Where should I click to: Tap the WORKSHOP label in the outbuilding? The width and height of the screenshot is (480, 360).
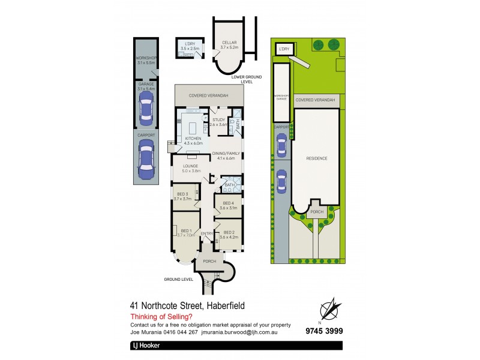pyautogui.click(x=146, y=58)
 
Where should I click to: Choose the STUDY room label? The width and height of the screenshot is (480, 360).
pyautogui.click(x=218, y=120)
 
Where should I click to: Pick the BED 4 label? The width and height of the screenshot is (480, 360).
pyautogui.click(x=229, y=203)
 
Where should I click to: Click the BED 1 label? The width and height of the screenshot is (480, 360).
pyautogui.click(x=186, y=230)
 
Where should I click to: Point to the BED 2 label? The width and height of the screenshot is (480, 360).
pyautogui.click(x=229, y=232)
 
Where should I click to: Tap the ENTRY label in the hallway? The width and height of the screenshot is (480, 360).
pyautogui.click(x=206, y=233)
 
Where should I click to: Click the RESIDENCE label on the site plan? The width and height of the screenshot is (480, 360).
pyautogui.click(x=317, y=158)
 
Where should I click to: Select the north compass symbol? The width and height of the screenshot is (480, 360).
pyautogui.click(x=328, y=309)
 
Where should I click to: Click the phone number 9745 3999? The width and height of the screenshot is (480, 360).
pyautogui.click(x=324, y=331)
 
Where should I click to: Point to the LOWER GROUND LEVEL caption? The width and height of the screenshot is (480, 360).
pyautogui.click(x=242, y=80)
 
